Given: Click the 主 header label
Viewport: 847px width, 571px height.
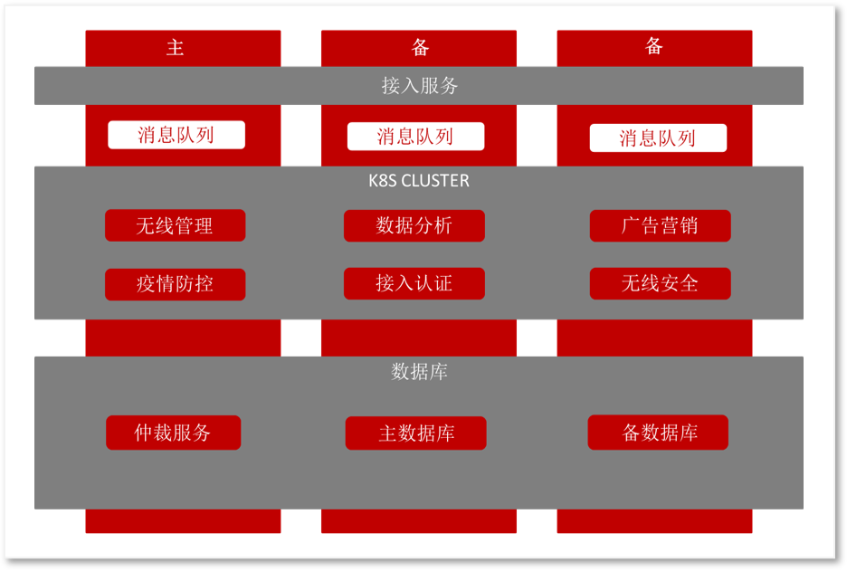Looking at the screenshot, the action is (x=175, y=48).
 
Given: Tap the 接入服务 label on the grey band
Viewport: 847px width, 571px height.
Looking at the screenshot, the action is (x=420, y=85).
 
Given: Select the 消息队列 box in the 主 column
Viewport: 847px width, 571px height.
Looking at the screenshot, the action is (x=176, y=135).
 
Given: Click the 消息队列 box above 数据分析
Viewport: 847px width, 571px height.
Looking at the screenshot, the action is (x=415, y=136).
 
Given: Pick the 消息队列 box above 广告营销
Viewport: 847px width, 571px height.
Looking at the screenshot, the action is (x=658, y=138).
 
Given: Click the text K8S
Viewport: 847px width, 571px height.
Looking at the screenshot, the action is (x=383, y=180).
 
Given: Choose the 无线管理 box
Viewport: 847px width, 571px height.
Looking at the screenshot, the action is (x=175, y=225).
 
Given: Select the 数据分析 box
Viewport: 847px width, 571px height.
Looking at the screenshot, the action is (x=414, y=225).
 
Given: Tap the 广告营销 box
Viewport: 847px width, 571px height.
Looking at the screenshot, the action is (x=660, y=225).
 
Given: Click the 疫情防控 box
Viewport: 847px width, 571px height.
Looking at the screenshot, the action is (x=175, y=284).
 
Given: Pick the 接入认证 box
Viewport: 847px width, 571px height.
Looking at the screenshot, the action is (x=414, y=283).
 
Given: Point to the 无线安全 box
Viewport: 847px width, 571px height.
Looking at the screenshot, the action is (x=660, y=283).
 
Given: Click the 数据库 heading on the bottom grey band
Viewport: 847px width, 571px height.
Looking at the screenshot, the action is (x=420, y=372).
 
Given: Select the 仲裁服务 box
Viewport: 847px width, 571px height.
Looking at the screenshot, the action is (x=174, y=433).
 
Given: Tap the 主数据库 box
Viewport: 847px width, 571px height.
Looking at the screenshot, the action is (x=416, y=433).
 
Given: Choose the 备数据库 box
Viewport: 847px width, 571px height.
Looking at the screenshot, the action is (x=658, y=433).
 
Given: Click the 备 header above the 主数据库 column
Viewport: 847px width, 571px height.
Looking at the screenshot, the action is (x=420, y=48).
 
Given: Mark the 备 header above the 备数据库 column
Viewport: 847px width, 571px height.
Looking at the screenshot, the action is (x=654, y=46).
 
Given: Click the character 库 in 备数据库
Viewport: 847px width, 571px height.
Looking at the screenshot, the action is (x=689, y=433).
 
